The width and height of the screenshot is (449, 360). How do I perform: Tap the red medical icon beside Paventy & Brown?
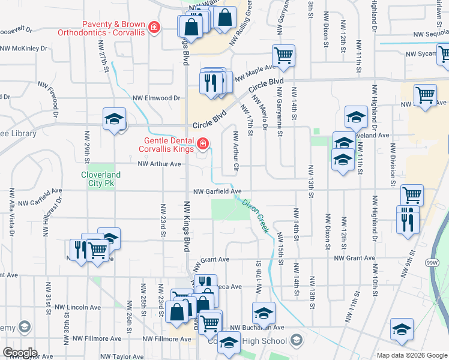point(154,28)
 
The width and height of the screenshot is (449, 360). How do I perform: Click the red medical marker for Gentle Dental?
point(203,143)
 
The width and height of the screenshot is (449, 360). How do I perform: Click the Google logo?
point(20,353)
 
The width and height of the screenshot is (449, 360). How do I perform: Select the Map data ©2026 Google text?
point(412,355)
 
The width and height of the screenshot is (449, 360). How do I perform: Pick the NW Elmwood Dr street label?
point(156,98)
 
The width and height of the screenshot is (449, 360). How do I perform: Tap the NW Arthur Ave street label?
point(159,164)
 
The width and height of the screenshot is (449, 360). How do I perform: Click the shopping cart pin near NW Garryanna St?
point(283,56)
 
